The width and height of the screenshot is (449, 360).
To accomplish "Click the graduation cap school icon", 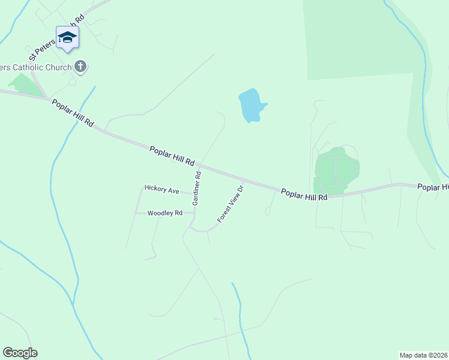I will (68, 37).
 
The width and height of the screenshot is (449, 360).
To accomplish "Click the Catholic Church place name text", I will (36, 67).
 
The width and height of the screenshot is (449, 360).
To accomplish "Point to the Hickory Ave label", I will (162, 190).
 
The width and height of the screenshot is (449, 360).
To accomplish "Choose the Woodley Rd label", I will (164, 213).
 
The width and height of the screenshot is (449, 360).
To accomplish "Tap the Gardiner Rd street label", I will (196, 188).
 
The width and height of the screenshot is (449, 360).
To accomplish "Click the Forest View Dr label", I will (232, 204).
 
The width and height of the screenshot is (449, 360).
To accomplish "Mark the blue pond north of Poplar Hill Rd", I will (251, 105).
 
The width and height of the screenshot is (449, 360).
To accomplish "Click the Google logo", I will (20, 353).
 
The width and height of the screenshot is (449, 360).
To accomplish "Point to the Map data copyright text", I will (424, 355).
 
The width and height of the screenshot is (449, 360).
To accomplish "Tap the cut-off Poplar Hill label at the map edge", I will (433, 187).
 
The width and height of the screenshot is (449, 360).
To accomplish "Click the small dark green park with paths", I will (336, 168).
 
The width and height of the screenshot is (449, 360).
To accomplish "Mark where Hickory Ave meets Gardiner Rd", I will (193, 194).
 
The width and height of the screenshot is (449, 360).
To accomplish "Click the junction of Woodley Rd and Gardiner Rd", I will (193, 213).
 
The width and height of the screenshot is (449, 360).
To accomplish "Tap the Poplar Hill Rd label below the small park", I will (304, 194).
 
